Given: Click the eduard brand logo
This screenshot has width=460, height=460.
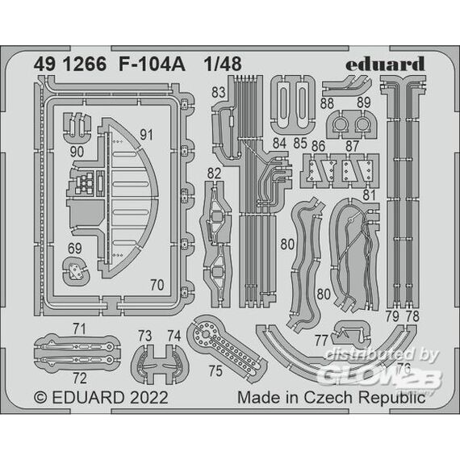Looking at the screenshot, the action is pos(385,64).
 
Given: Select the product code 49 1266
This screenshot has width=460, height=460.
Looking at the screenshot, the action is pos(70,65).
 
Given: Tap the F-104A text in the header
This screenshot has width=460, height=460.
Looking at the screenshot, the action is pos(152,65).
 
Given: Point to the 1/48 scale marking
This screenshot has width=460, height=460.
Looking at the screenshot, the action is pos(223,65).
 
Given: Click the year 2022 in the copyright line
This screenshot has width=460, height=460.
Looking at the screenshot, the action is pos(149,398).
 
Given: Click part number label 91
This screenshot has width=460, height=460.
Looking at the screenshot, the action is pos(146,135).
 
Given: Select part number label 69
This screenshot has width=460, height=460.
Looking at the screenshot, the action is pos(74,249).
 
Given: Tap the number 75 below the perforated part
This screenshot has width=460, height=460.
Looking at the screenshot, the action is pos(215,370).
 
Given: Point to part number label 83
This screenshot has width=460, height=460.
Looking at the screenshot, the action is pos(218,92).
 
